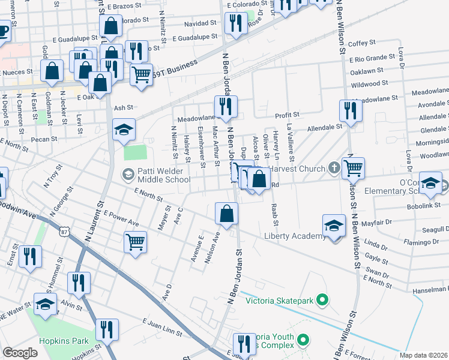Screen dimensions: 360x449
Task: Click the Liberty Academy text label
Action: click(x=295, y=236)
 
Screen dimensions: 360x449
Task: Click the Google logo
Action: click(x=20, y=353)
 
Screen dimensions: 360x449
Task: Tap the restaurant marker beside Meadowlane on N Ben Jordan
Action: click(x=226, y=106)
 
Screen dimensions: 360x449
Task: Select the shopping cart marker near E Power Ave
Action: click(x=136, y=242)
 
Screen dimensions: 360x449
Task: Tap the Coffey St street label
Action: click(x=361, y=43)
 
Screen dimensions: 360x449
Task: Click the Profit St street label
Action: click(x=287, y=114)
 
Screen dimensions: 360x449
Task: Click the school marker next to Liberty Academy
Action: click(x=334, y=226)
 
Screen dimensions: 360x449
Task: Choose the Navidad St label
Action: click(x=200, y=23)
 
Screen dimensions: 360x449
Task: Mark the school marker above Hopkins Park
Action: click(x=46, y=304)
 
